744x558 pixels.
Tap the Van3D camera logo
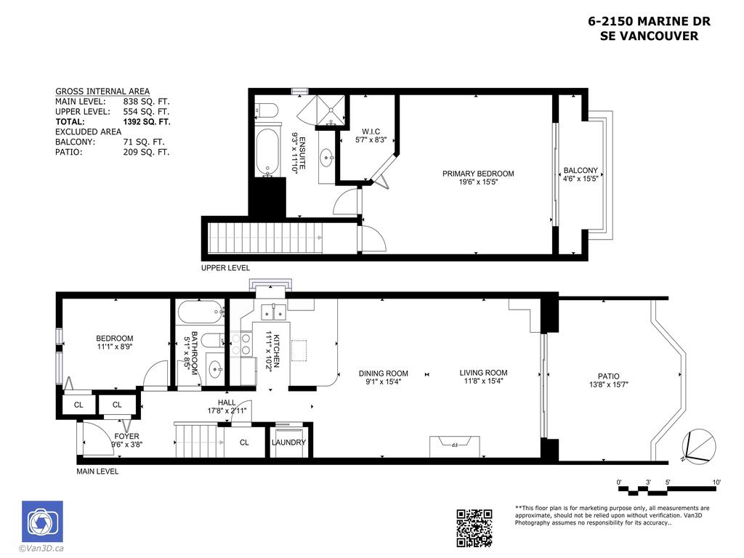(42, 521)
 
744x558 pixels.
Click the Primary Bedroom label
(478, 174)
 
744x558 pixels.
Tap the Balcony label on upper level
(581, 171)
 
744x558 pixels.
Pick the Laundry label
(288, 442)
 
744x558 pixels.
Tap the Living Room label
(483, 373)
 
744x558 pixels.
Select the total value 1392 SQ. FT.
(147, 122)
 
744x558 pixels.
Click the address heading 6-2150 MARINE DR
(649, 22)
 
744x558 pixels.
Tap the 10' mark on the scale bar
(716, 482)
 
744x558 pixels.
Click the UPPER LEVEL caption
(225, 268)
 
